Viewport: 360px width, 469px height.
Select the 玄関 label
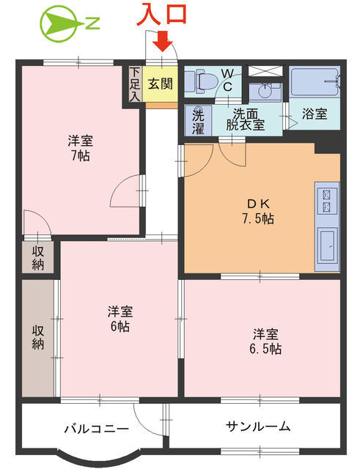tap(161, 83)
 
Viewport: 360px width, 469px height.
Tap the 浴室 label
tap(315, 114)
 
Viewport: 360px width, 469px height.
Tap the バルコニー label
tap(95, 427)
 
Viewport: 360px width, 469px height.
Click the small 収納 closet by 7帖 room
tap(37, 257)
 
